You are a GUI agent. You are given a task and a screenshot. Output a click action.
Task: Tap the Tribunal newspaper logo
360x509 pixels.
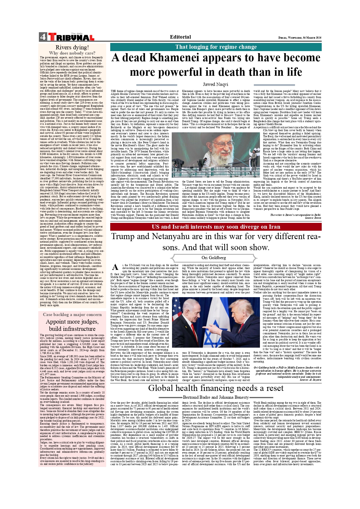click(x=71, y=37)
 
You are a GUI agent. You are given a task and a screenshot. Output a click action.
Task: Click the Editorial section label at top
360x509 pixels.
click(x=180, y=37)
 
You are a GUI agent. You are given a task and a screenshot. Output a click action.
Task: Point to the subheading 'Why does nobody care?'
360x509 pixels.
click(x=72, y=53)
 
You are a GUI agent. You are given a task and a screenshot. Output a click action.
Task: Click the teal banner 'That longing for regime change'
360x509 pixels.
click(x=216, y=47)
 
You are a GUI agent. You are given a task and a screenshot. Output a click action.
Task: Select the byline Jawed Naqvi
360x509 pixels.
click(x=215, y=84)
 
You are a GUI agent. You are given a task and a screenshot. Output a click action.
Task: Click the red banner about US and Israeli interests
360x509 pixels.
click(x=216, y=227)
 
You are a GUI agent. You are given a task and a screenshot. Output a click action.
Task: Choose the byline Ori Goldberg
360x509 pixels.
click(x=214, y=258)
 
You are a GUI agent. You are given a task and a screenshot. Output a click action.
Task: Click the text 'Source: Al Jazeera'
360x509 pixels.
click(x=310, y=380)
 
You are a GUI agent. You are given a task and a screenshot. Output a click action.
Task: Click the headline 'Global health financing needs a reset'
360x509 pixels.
click(x=216, y=388)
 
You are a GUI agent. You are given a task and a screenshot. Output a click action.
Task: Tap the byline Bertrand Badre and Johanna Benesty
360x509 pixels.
click(x=216, y=397)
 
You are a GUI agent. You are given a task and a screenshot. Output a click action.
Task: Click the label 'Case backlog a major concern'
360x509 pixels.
click(x=72, y=315)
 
